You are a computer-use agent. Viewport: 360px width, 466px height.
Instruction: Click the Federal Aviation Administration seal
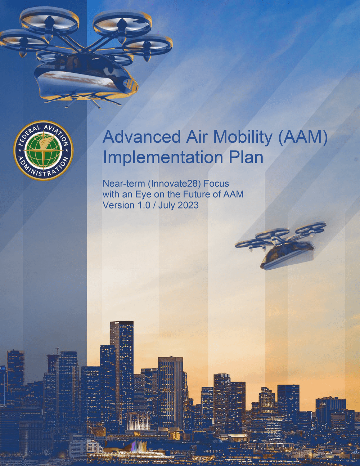point(43,151)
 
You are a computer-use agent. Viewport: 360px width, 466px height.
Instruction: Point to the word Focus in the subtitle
point(216,183)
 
